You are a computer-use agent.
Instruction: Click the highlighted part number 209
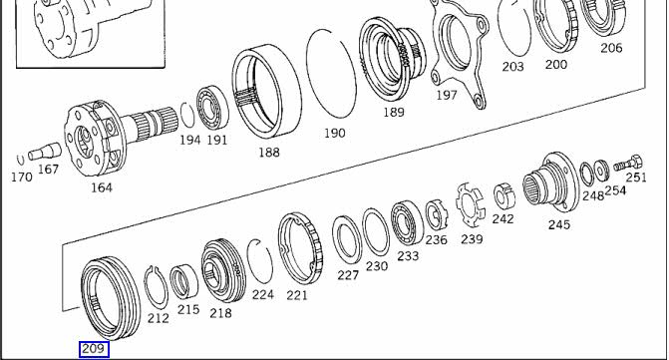point(94,349)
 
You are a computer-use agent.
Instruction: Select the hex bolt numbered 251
point(628,164)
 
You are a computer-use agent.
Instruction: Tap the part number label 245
point(559,224)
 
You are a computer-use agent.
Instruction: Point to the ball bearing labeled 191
point(212,108)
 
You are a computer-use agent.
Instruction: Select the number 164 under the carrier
point(102,187)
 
